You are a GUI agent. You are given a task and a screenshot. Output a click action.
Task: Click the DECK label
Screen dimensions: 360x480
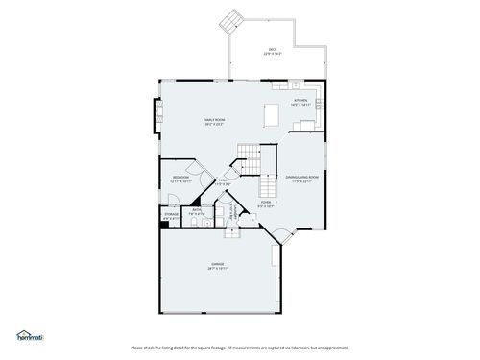(273, 49)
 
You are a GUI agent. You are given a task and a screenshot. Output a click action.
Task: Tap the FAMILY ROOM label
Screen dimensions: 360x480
(213, 120)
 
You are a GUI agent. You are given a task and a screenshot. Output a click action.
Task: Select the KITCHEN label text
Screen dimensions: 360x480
(300, 99)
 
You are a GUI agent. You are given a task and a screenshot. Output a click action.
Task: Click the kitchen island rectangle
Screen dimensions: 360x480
(273, 114)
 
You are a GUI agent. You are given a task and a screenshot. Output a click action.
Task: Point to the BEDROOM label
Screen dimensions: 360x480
(180, 177)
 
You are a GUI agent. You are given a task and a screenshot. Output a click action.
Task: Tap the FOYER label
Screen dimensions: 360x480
(266, 203)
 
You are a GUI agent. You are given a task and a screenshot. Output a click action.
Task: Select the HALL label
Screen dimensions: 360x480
(222, 180)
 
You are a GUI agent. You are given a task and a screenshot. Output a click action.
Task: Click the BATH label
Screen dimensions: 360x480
(196, 209)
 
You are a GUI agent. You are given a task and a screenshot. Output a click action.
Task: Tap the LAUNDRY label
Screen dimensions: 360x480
(230, 214)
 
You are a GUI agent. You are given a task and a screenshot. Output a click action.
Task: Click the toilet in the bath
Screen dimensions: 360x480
(192, 222)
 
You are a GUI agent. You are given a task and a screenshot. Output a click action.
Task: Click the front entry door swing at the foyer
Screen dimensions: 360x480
(281, 235)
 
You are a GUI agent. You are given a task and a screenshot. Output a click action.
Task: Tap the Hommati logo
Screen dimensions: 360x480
(30, 336)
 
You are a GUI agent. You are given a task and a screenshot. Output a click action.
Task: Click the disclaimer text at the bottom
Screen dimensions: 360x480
(239, 347)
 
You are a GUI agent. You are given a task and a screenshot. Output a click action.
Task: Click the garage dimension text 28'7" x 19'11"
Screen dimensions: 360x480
(218, 269)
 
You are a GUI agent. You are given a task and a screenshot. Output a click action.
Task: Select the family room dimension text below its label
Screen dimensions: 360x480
(213, 125)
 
